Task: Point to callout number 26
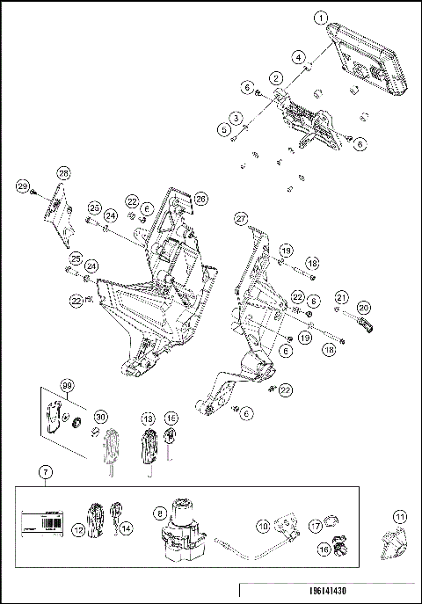tap(200, 199)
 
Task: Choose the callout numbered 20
tap(364, 307)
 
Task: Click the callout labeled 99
tap(65, 386)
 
